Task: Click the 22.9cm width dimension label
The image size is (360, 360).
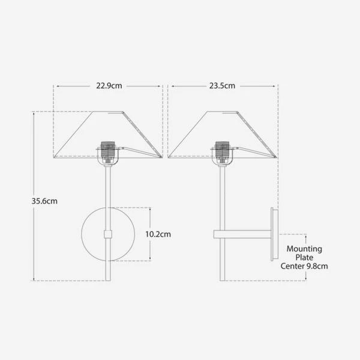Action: tap(109, 86)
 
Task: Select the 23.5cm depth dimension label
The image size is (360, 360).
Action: tap(222, 86)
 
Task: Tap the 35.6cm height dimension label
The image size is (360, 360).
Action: tap(44, 201)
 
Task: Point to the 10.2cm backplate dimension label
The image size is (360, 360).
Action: tap(158, 234)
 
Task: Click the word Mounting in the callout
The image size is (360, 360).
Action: tap(304, 249)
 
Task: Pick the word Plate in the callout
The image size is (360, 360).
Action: tap(304, 257)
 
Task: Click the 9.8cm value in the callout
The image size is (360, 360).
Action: tap(317, 266)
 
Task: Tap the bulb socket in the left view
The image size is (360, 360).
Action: tap(107, 152)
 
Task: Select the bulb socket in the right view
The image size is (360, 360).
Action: tap(222, 152)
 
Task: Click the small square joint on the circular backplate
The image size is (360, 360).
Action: tap(108, 234)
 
